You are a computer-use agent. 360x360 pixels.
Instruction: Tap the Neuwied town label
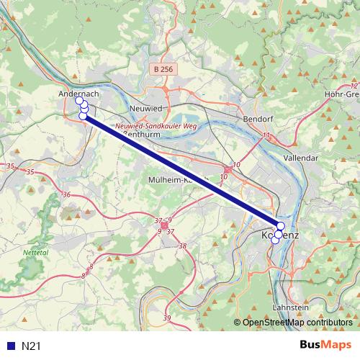click(x=143, y=107)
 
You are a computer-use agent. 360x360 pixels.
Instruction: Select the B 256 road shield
click(x=163, y=69)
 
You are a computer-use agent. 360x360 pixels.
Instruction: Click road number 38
click(x=182, y=246)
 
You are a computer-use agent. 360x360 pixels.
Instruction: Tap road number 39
click(x=167, y=318)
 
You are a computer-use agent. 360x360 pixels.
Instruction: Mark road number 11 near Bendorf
click(x=266, y=135)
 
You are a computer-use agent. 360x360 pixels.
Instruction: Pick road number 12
click(x=354, y=86)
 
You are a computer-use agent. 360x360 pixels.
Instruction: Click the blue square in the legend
click(x=10, y=346)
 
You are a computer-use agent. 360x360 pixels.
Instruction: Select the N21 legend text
click(x=31, y=346)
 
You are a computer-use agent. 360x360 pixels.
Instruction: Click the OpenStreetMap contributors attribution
click(x=297, y=323)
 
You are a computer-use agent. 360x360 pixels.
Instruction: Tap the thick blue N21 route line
click(x=180, y=170)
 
